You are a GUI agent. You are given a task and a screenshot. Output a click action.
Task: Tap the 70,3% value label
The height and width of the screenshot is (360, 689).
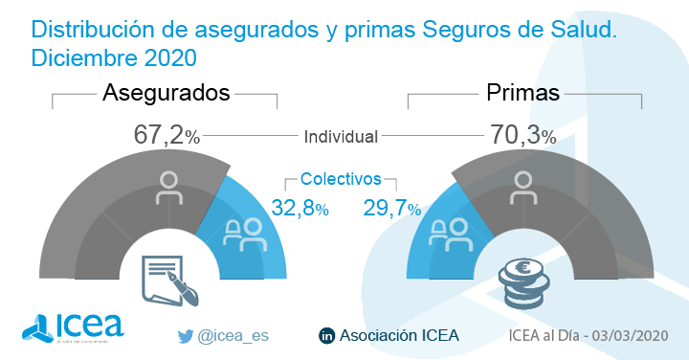522,136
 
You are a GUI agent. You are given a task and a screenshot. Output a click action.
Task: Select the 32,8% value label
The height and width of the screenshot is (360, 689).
300,208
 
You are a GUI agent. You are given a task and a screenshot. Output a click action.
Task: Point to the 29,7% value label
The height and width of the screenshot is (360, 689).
392,208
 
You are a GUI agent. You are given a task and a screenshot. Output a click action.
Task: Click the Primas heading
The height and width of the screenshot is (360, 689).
522,93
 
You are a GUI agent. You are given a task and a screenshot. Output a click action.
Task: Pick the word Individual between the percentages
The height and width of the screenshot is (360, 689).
341,137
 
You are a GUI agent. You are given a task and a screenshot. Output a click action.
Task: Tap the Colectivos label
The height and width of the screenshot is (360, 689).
341,179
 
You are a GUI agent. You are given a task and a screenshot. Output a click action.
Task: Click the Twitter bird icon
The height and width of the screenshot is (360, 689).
186,335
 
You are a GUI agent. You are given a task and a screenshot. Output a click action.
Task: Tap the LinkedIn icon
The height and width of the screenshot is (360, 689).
326,335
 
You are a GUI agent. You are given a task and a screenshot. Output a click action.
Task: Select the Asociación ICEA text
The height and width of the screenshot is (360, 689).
400,335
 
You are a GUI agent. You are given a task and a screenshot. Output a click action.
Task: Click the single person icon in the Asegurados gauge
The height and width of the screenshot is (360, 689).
170,188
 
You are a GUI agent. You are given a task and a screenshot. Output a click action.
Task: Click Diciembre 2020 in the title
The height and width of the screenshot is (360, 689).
114,57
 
